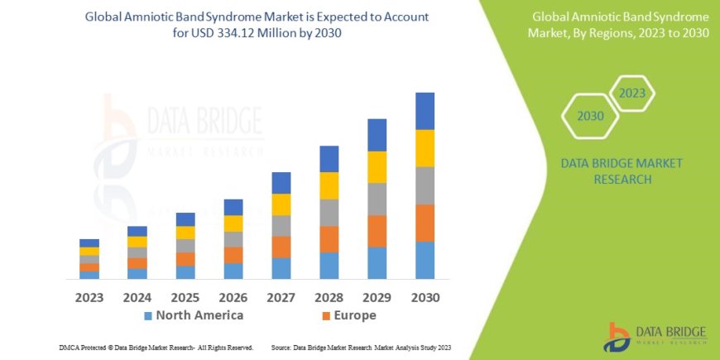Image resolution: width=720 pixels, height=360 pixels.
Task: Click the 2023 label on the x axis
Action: coord(89,296)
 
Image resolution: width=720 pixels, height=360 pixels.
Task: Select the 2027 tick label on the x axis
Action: coord(281,296)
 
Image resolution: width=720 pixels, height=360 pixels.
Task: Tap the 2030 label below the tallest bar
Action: coord(425,296)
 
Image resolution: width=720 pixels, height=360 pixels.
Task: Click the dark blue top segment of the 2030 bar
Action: coord(425,111)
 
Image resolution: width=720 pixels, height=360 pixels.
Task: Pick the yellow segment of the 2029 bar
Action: coord(377,167)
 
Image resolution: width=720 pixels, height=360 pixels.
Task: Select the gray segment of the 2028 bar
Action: coord(329,213)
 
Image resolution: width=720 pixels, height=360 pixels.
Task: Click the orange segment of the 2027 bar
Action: coord(281,247)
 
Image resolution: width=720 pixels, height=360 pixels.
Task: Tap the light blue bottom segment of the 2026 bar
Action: coord(233,271)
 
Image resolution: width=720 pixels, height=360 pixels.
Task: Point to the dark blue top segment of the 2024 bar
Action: coord(137,231)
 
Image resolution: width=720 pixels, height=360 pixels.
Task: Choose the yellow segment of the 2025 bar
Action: coord(185,233)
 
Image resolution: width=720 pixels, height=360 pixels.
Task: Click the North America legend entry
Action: coord(194,315)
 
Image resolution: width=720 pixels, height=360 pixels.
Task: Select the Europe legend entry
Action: coord(348,315)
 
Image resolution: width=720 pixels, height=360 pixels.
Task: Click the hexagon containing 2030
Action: coord(590,116)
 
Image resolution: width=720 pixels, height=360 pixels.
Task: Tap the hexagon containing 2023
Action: coord(631,94)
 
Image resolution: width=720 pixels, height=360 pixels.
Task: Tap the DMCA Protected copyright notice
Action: coord(156,348)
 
